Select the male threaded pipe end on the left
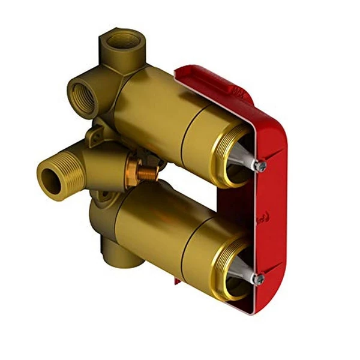click(53, 175)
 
